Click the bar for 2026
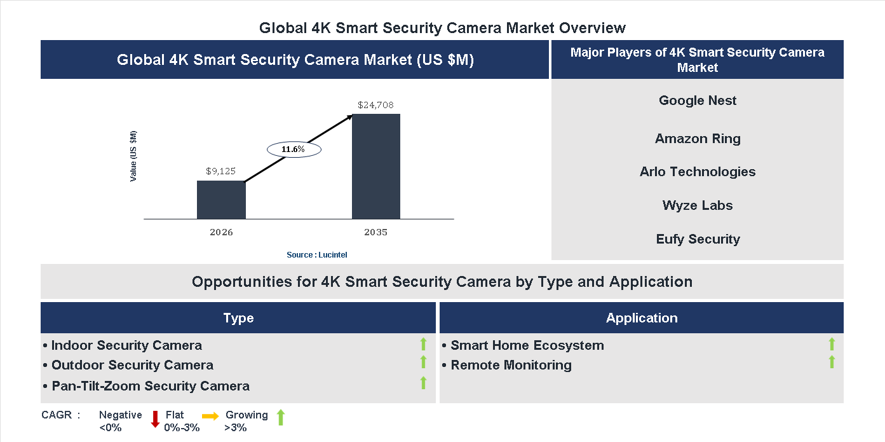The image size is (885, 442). click(221, 200)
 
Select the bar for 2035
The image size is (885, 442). click(376, 167)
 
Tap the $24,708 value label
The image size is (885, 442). click(376, 105)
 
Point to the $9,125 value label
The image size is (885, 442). click(221, 171)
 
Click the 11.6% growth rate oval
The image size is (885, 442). click(294, 149)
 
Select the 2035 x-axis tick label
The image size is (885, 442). click(376, 232)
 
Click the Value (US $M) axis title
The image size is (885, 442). click(133, 156)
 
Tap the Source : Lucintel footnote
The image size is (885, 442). click(317, 255)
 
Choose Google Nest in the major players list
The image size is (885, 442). click(698, 100)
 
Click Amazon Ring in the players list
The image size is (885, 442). click(698, 139)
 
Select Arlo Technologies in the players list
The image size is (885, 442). click(698, 172)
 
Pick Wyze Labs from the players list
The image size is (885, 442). click(698, 205)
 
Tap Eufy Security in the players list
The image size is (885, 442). click(698, 239)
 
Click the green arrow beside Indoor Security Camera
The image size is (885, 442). click(423, 345)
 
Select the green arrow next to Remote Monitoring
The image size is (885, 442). click(832, 363)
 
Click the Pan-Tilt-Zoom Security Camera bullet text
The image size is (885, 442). click(150, 386)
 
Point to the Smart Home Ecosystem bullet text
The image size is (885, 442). click(527, 345)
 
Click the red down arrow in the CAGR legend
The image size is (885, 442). click(155, 419)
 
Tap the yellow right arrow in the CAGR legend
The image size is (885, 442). click(210, 416)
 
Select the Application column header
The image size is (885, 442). click(641, 318)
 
